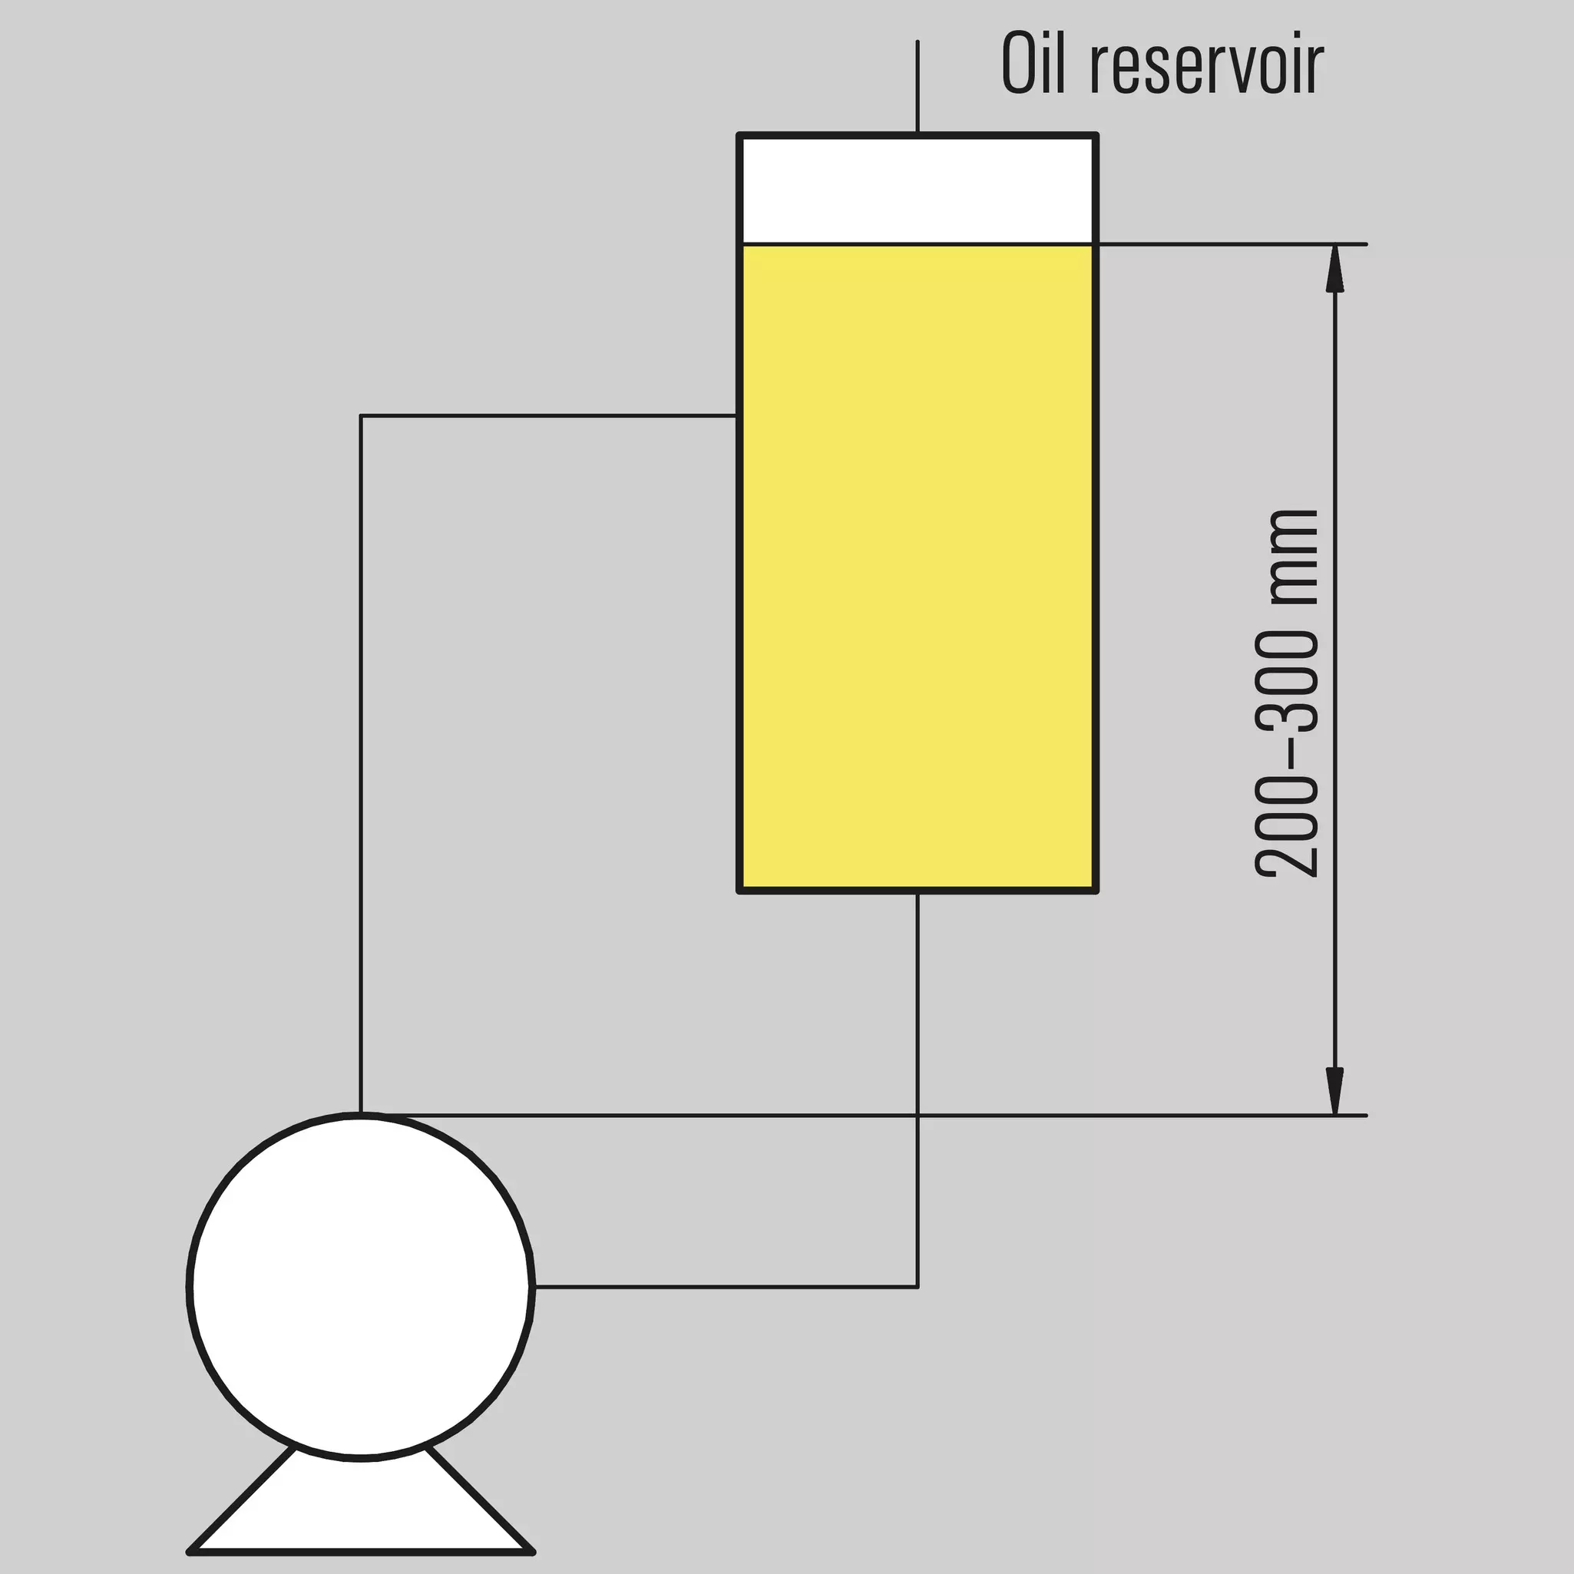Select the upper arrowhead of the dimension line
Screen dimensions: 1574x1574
point(1334,268)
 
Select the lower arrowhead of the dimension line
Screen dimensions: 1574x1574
point(1334,1091)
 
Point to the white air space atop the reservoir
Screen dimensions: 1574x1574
point(918,189)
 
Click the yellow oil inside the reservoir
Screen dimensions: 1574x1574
point(918,566)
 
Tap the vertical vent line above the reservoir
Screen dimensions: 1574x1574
point(918,86)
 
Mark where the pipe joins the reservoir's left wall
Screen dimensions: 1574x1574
point(738,416)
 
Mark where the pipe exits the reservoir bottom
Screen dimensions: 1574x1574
point(918,893)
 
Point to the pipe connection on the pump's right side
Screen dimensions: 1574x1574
point(534,1288)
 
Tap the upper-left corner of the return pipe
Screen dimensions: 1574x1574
point(361,416)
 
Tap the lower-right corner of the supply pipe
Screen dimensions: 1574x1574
point(918,1288)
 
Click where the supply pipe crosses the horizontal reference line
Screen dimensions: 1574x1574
point(918,1116)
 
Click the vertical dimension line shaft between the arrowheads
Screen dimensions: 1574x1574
point(1334,680)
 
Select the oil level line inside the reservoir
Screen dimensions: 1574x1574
point(918,243)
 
